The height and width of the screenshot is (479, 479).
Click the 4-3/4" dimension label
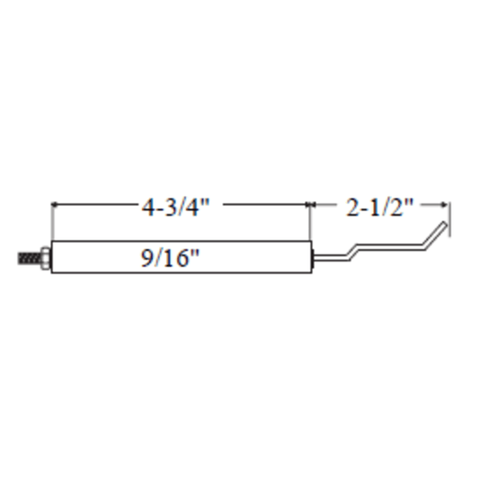(175, 207)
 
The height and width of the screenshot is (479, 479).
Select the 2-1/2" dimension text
(379, 207)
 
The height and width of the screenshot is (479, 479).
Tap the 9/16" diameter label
(170, 258)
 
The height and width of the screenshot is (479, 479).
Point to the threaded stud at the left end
(30, 259)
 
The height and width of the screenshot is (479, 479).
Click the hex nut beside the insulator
(46, 259)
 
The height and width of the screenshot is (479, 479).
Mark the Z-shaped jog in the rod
(352, 253)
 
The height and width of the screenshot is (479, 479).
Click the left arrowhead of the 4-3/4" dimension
(55, 204)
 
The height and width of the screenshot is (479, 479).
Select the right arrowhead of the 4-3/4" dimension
(307, 204)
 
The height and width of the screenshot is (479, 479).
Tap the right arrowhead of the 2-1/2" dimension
(446, 204)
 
